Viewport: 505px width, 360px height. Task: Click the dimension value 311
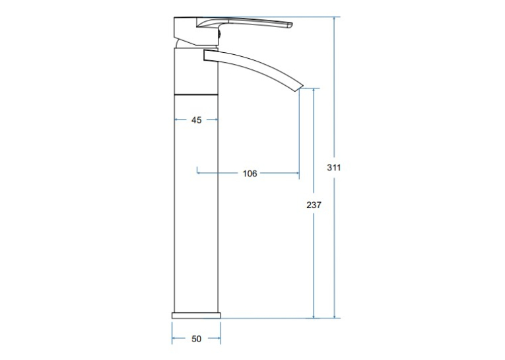[333, 168]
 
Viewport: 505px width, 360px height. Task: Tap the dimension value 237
[314, 205]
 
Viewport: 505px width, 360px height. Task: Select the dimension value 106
[250, 173]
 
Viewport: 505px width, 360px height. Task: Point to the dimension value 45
[197, 120]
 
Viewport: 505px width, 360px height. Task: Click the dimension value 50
[196, 339]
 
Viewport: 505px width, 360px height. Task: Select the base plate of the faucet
[196, 315]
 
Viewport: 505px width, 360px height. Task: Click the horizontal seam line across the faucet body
[196, 94]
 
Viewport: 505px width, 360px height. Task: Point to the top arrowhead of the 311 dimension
[334, 19]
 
